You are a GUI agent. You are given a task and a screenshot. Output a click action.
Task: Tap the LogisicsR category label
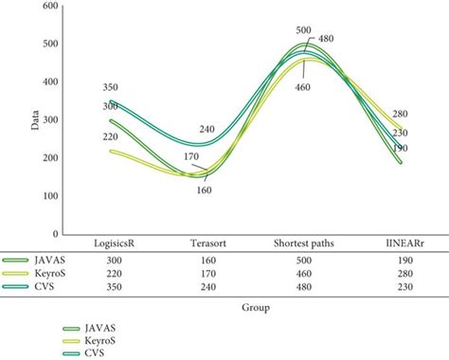111,243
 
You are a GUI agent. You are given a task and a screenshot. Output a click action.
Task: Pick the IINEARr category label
402,243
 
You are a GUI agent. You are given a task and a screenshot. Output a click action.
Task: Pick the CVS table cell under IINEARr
402,285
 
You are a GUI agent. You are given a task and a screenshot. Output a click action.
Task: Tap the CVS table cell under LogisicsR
111,285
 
